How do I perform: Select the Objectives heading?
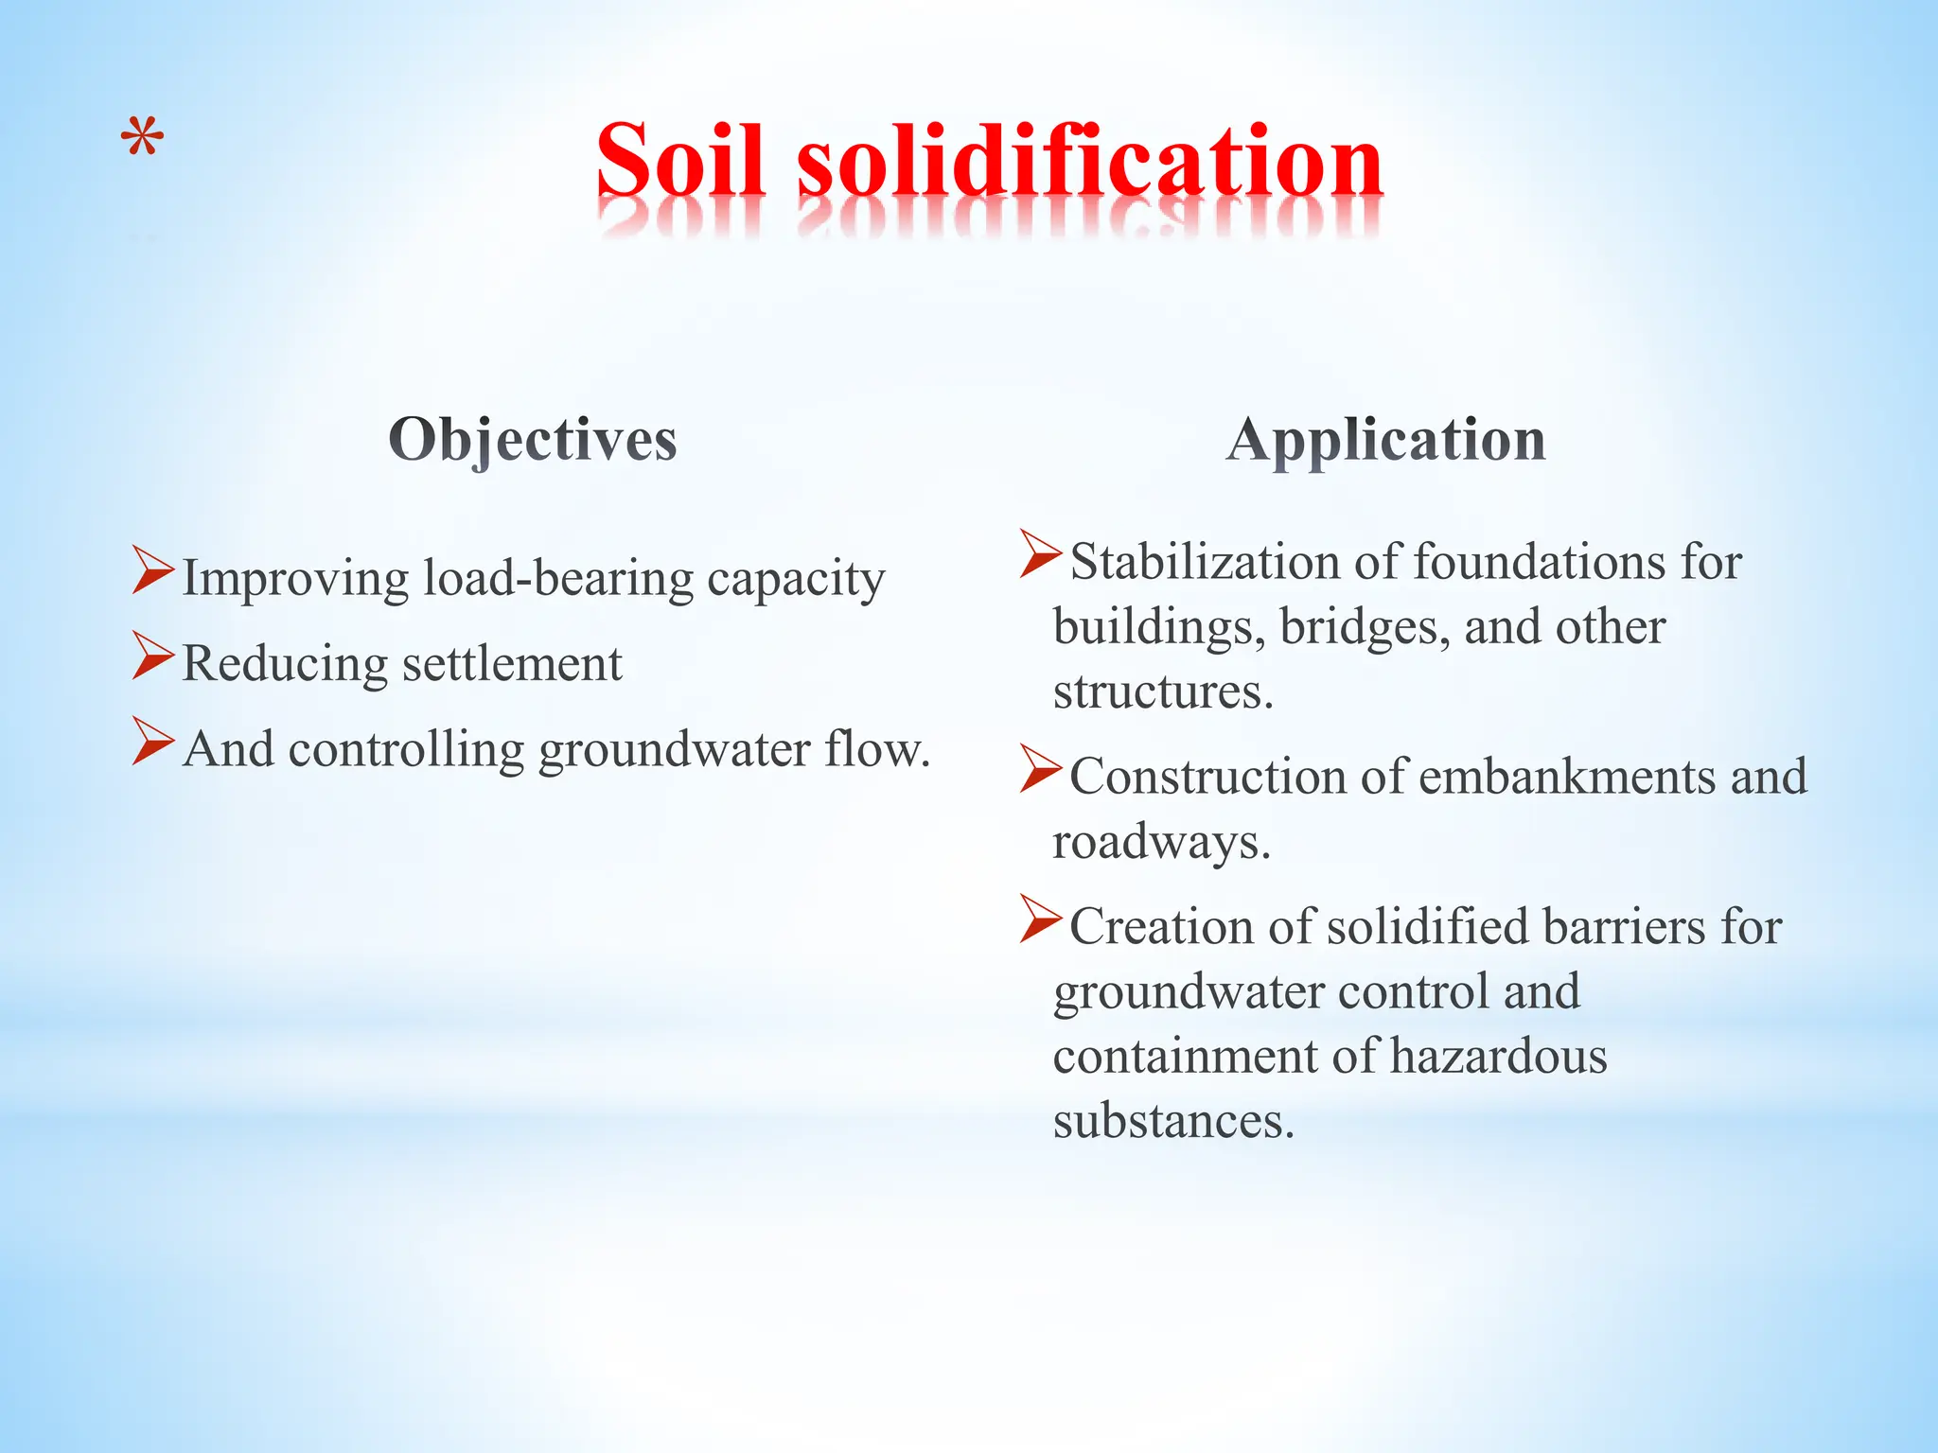(533, 440)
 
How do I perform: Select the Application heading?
(1385, 440)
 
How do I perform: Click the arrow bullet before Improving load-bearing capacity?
(152, 569)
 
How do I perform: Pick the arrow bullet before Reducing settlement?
(152, 656)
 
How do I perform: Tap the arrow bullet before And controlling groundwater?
(152, 741)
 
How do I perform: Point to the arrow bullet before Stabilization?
(1040, 554)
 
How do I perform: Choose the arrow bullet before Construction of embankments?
(1040, 768)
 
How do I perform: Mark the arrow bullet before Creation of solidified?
(1040, 919)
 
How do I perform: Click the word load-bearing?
(558, 578)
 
